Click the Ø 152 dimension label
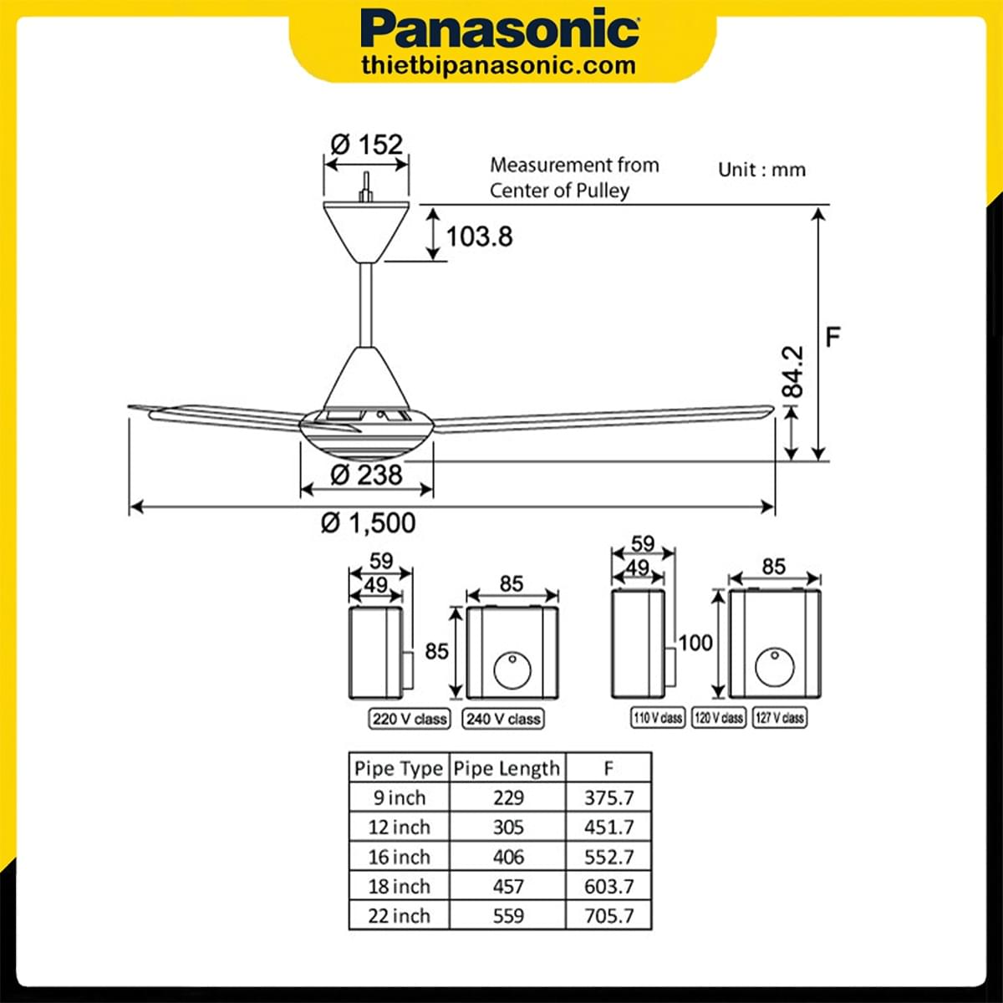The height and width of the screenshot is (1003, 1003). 366,144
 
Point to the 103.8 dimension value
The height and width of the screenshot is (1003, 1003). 479,236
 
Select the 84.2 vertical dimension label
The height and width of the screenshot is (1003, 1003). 792,372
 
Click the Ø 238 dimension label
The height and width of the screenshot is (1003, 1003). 366,475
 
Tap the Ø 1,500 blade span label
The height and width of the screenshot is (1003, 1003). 368,523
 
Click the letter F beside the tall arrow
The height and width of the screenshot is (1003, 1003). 832,337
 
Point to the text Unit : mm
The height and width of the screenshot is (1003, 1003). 761,170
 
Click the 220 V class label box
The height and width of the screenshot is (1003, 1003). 410,719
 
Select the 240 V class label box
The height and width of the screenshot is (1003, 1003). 503,719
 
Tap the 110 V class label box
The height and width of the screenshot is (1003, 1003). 657,717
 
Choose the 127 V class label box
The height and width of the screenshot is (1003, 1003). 779,717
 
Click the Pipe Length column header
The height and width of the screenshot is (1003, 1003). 507,768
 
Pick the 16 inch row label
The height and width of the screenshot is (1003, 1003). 399,857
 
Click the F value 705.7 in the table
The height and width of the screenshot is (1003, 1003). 608,916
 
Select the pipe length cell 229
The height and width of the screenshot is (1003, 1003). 507,797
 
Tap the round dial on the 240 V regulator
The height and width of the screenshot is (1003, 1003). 512,670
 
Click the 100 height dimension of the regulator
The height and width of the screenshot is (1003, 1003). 695,643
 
